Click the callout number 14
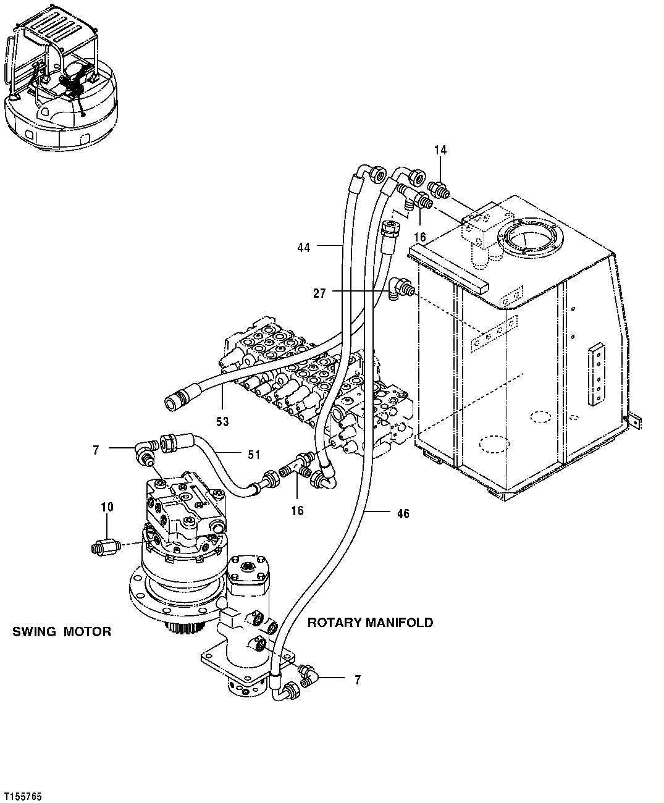pyautogui.click(x=440, y=150)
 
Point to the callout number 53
pyautogui.click(x=222, y=421)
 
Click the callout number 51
pyautogui.click(x=254, y=455)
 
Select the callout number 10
pyautogui.click(x=107, y=507)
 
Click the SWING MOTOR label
pyautogui.click(x=62, y=632)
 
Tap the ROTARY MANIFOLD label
pyautogui.click(x=370, y=623)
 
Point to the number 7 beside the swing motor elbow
pyautogui.click(x=96, y=450)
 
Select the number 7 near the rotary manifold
pyautogui.click(x=358, y=680)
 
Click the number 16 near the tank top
pyautogui.click(x=420, y=237)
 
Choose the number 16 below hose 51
pyautogui.click(x=297, y=510)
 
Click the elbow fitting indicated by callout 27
pyautogui.click(x=401, y=287)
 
